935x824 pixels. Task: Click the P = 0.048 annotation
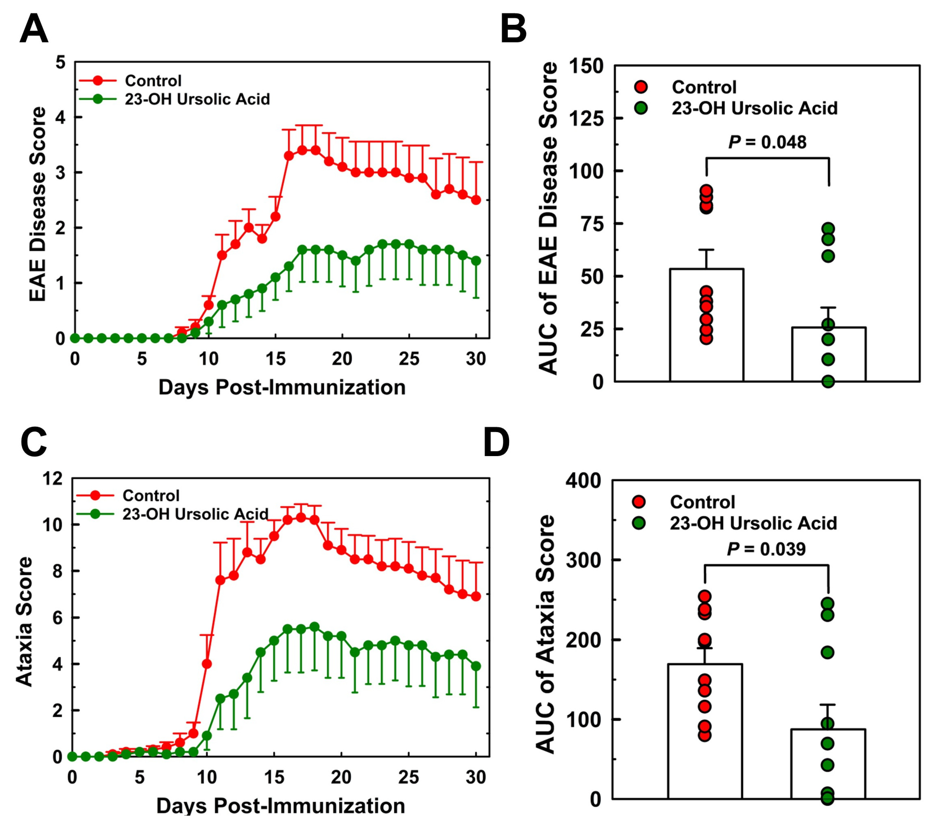click(767, 142)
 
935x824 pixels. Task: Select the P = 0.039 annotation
click(766, 549)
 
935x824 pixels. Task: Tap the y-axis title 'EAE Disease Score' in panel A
click(38, 204)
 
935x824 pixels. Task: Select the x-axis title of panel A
click(282, 387)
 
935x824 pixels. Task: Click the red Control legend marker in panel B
click(641, 87)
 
